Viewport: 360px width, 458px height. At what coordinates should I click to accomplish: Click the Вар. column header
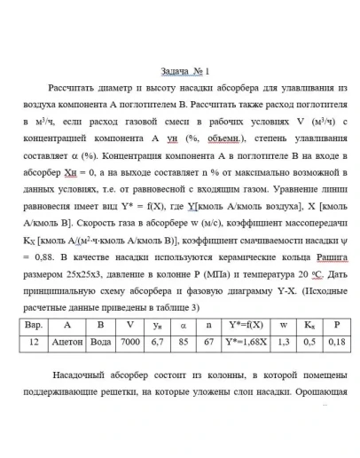(34, 324)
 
